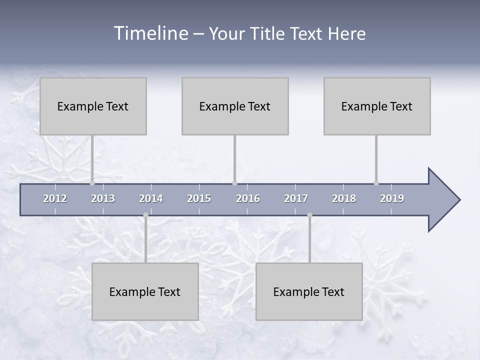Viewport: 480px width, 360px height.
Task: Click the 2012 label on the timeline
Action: click(55, 198)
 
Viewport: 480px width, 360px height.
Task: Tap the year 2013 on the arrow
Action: click(103, 198)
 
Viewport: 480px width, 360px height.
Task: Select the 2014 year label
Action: click(151, 198)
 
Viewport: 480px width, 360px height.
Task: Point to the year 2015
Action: click(199, 198)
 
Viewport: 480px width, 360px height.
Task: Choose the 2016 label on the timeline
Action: click(248, 198)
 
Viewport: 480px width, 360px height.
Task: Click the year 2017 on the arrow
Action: click(296, 198)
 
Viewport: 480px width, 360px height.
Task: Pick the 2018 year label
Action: click(344, 198)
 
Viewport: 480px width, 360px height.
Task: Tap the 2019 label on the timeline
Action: click(392, 198)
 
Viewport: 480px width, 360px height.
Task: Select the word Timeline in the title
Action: click(150, 33)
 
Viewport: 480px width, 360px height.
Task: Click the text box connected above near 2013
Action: click(93, 106)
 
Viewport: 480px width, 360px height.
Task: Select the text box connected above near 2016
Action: click(235, 106)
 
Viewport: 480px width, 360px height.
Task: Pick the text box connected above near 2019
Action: click(377, 106)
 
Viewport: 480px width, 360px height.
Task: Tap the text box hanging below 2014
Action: click(145, 291)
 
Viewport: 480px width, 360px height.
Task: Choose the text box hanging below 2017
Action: click(309, 291)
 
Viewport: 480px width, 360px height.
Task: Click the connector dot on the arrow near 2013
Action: click(92, 183)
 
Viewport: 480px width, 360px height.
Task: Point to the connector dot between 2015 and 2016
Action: click(234, 183)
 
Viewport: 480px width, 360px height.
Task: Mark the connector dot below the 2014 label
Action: click(145, 215)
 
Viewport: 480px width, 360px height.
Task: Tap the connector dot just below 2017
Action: click(309, 215)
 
